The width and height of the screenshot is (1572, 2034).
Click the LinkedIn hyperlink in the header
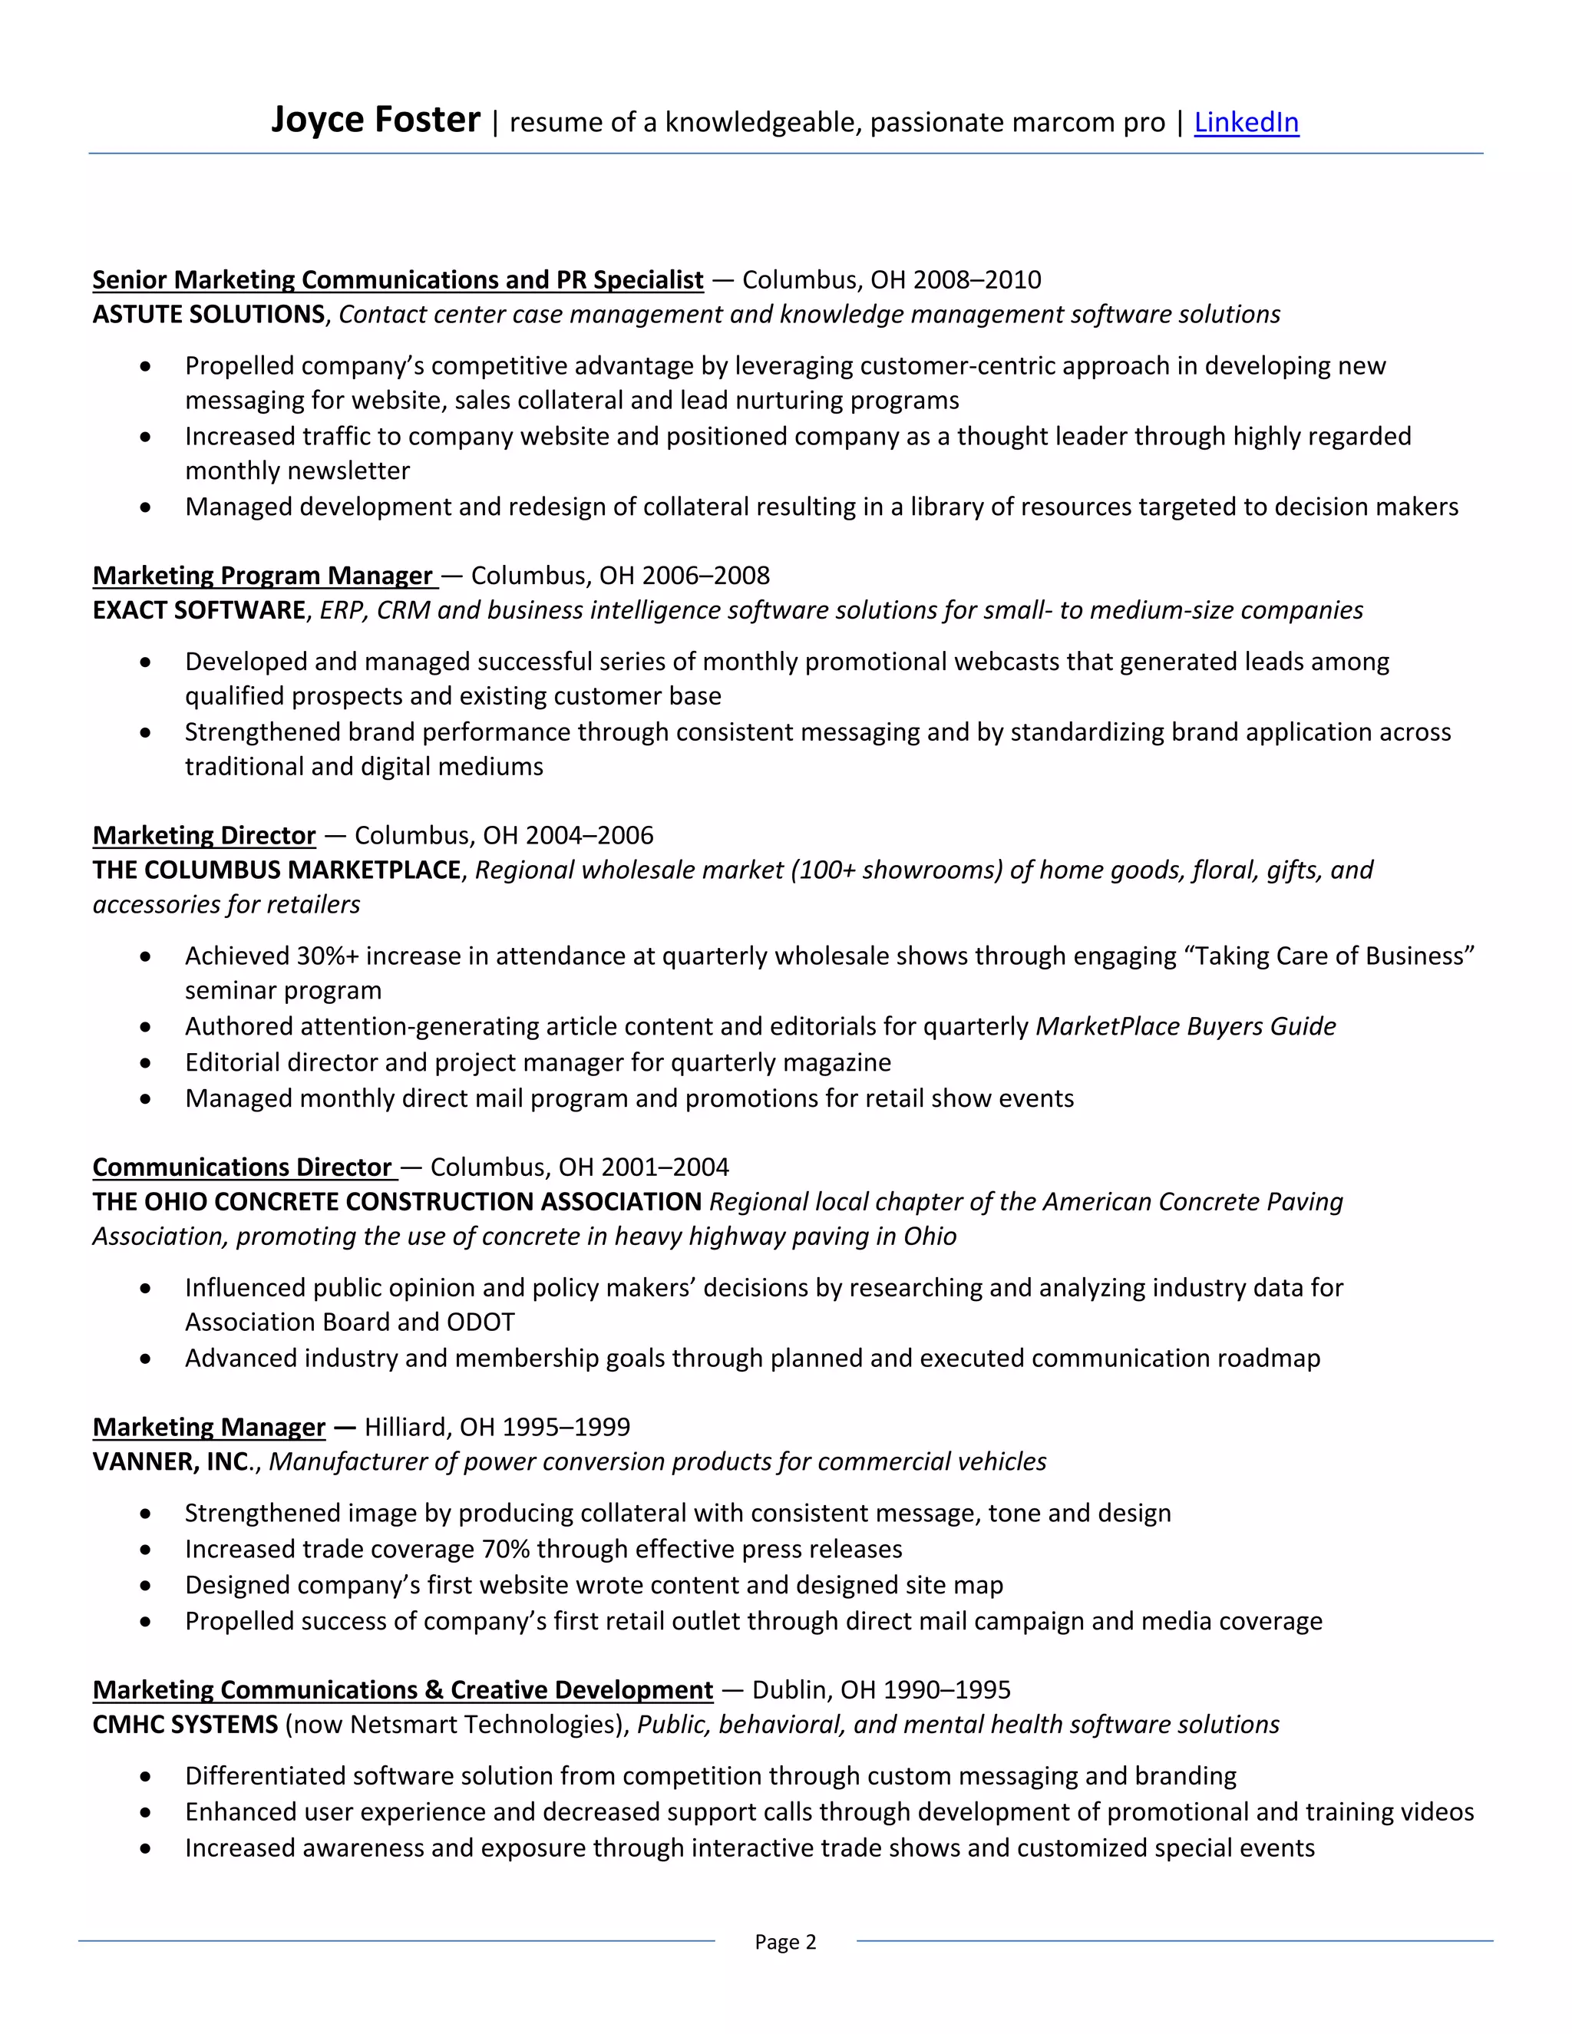[1246, 122]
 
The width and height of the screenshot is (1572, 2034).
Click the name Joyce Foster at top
[375, 121]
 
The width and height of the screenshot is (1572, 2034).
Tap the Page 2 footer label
[785, 1941]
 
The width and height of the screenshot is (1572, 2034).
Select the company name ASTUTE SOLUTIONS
[209, 314]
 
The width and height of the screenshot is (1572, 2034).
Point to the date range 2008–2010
[977, 279]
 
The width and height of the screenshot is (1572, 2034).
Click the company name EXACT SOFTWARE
[198, 610]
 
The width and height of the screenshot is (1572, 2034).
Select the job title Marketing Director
[204, 835]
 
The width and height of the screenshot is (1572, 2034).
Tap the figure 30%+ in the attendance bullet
[327, 956]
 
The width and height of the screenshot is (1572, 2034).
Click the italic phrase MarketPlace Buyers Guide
[1185, 1026]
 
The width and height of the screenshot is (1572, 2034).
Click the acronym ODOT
[481, 1322]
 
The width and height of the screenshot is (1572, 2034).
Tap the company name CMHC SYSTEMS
[185, 1724]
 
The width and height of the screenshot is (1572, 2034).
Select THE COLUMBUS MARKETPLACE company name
[276, 870]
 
